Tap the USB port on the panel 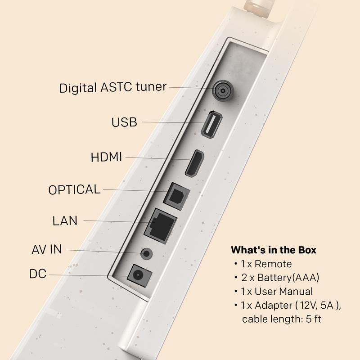pos(211,124)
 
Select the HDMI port pos(195,163)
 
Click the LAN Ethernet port pos(161,226)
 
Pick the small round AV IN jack pos(147,254)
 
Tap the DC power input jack pos(139,275)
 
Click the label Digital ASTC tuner pos(113,87)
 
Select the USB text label pos(124,122)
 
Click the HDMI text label pos(106,157)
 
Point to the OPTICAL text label pos(74,189)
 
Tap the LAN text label pos(65,221)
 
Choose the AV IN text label pos(47,250)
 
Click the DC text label pos(38,274)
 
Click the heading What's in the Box pos(274,250)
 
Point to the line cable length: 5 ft pos(282,319)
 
